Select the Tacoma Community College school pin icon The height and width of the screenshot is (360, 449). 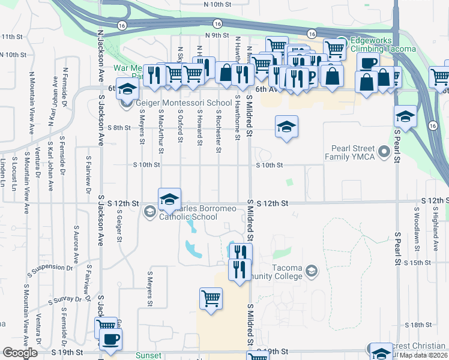tap(311, 272)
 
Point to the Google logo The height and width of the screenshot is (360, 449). tap(20, 353)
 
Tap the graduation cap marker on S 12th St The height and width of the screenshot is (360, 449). tap(169, 200)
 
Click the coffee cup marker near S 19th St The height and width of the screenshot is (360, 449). tap(109, 340)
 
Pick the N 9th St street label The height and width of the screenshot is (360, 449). tap(217, 35)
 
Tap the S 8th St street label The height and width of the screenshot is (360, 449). tap(119, 127)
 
